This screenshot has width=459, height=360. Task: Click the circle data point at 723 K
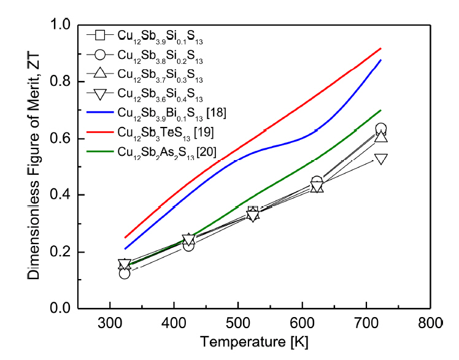(380, 129)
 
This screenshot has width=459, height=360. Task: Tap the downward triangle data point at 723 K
(380, 159)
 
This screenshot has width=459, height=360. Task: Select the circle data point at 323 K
(125, 273)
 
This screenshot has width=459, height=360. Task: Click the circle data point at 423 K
(188, 245)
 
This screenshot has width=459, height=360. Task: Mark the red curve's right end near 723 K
(381, 48)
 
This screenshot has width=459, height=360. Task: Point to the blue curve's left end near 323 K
(125, 248)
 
